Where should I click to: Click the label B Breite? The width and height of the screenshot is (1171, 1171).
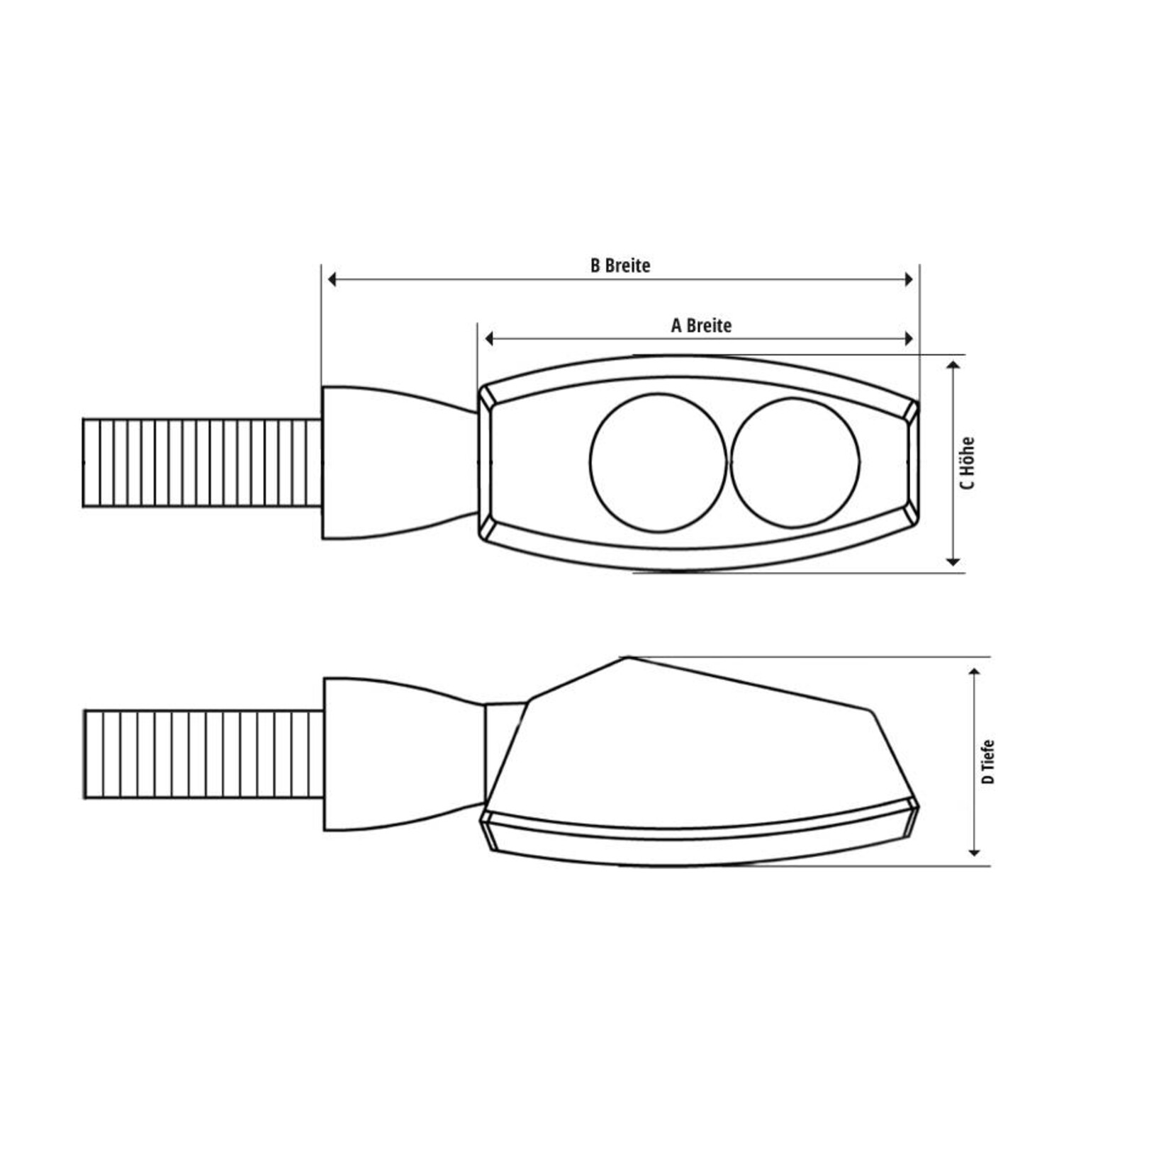pos(620,265)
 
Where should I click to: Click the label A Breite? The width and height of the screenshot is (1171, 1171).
pos(701,325)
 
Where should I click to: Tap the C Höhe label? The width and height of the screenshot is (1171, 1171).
pos(968,463)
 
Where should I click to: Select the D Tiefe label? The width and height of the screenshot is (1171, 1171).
pos(988,762)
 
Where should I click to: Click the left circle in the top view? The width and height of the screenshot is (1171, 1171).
pos(658,463)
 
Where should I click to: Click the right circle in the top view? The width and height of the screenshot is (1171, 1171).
pos(795,463)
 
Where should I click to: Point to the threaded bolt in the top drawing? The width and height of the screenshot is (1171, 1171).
pos(202,463)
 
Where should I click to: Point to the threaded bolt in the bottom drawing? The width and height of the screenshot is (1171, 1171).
pos(204,754)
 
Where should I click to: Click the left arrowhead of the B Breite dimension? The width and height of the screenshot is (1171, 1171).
pos(332,279)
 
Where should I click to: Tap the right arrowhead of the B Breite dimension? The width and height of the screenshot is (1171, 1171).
pos(909,279)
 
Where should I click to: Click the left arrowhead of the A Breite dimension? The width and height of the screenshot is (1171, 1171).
pos(488,339)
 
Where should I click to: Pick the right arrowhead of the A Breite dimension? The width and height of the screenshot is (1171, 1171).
pos(909,339)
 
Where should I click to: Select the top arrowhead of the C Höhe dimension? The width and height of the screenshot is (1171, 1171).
pos(953,365)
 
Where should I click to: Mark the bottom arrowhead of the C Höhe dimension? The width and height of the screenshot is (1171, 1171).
pos(953,561)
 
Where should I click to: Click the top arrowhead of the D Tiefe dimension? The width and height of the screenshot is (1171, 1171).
pos(975,672)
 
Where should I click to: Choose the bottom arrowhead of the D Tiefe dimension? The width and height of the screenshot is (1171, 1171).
pos(975,852)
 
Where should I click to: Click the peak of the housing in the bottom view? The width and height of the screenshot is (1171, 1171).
pos(628,659)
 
